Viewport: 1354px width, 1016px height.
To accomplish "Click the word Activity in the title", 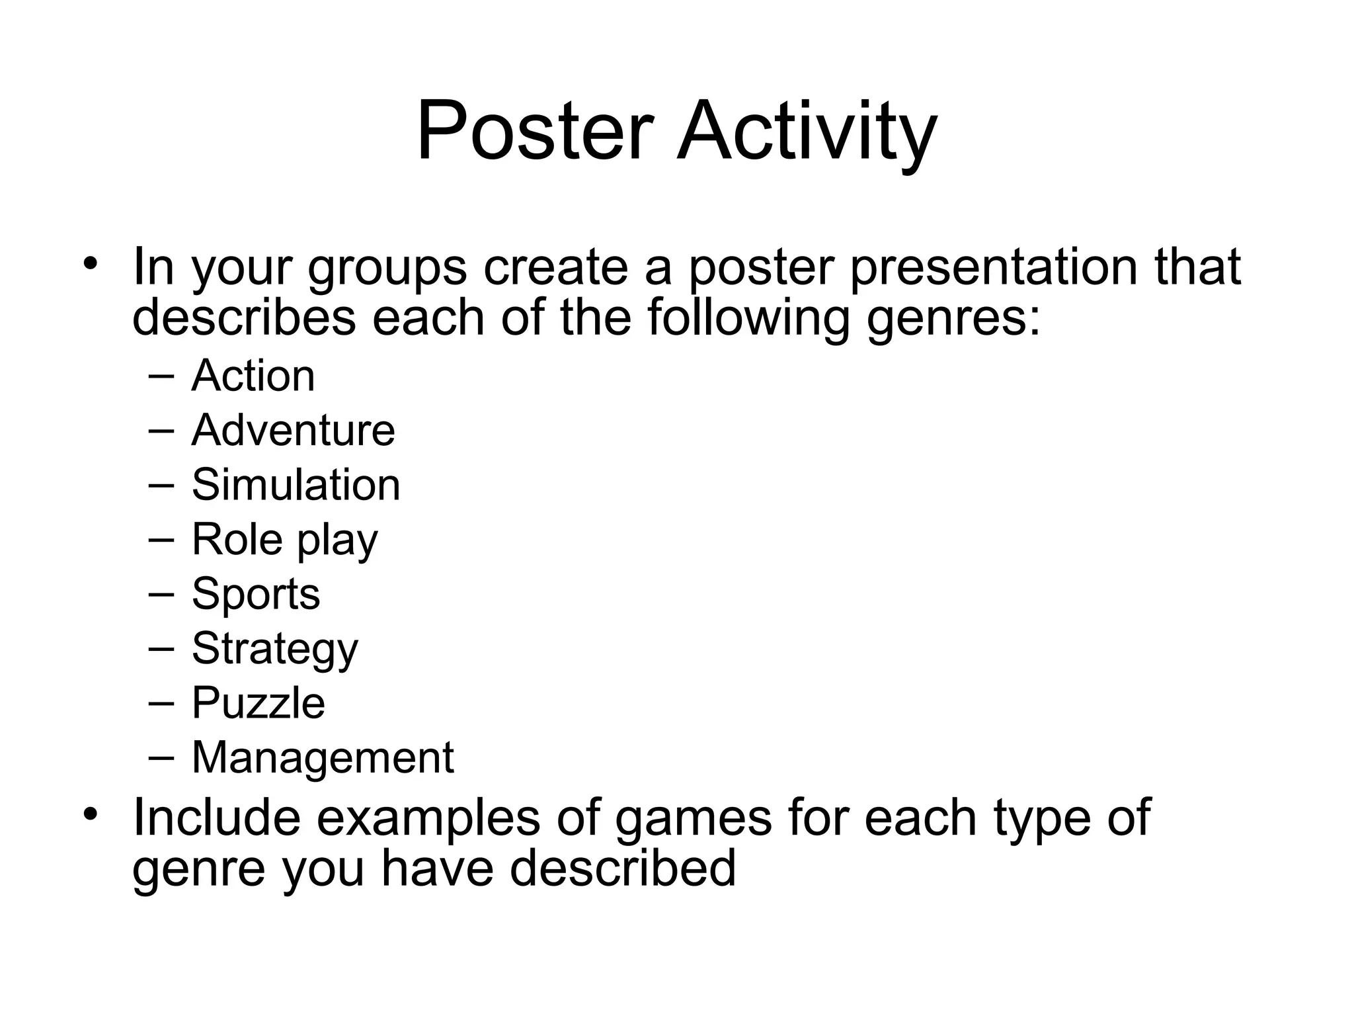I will click(807, 131).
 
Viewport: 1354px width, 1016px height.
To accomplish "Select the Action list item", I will click(253, 375).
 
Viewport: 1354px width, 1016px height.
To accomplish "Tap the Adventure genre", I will click(293, 430).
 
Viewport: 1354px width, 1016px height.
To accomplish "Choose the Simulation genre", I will click(296, 484).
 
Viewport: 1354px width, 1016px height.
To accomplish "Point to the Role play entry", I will click(284, 540).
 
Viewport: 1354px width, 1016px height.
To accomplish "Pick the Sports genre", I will click(256, 593).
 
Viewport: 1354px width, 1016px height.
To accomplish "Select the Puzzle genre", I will click(258, 702).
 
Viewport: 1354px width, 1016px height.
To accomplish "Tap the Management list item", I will click(323, 757).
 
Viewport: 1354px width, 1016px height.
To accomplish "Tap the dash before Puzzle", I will click(161, 702).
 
